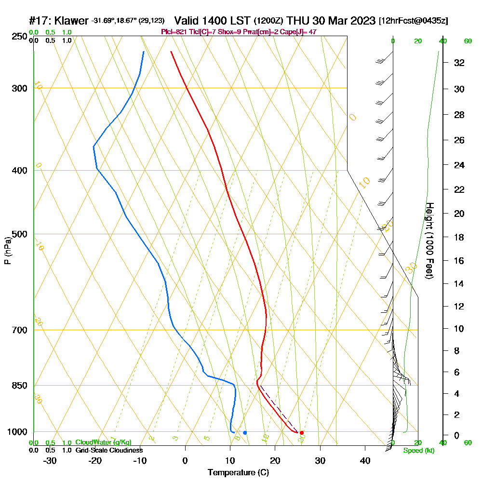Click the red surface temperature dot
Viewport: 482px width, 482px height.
coord(302,433)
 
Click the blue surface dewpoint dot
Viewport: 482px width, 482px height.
coord(245,433)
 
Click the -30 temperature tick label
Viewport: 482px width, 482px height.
coord(50,460)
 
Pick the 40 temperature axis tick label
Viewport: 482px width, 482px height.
coord(365,460)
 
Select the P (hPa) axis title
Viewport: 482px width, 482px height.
coord(7,251)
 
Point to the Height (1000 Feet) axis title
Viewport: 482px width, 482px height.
coord(429,241)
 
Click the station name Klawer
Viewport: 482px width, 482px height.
coord(72,21)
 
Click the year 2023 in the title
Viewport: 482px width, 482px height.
coord(359,21)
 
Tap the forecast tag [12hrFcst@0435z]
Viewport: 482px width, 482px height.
coord(414,21)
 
